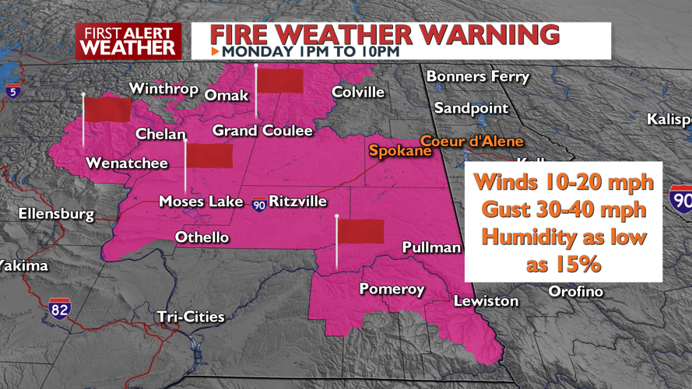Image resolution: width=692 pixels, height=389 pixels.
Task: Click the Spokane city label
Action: coord(400,151)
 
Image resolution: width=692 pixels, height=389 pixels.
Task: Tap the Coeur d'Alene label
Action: coord(472,141)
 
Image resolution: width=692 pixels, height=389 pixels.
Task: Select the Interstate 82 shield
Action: coord(58,308)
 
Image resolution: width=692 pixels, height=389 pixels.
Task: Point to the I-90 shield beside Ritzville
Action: coord(258,204)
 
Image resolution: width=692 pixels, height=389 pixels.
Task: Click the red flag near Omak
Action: coord(279,80)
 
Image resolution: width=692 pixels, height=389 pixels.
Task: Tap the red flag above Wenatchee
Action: coord(107,109)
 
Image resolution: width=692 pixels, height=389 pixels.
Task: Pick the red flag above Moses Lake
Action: coord(209,156)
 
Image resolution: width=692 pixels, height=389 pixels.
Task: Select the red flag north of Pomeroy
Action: coord(360,231)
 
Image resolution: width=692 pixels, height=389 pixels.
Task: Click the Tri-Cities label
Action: coord(191,317)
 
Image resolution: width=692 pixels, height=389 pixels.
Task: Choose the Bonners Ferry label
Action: coord(477,76)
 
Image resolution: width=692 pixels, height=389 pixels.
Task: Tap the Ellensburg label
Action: coord(56,213)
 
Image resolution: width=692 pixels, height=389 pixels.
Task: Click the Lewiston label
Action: coord(486,300)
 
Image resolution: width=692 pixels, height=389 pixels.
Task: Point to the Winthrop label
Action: coord(163,89)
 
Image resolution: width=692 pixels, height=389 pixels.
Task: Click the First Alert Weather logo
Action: coord(128,40)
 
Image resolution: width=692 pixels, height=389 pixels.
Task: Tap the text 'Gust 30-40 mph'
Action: coord(564,210)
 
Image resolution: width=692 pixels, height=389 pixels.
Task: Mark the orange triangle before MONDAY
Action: coord(216,51)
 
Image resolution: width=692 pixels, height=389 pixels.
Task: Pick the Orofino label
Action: coord(576,291)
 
